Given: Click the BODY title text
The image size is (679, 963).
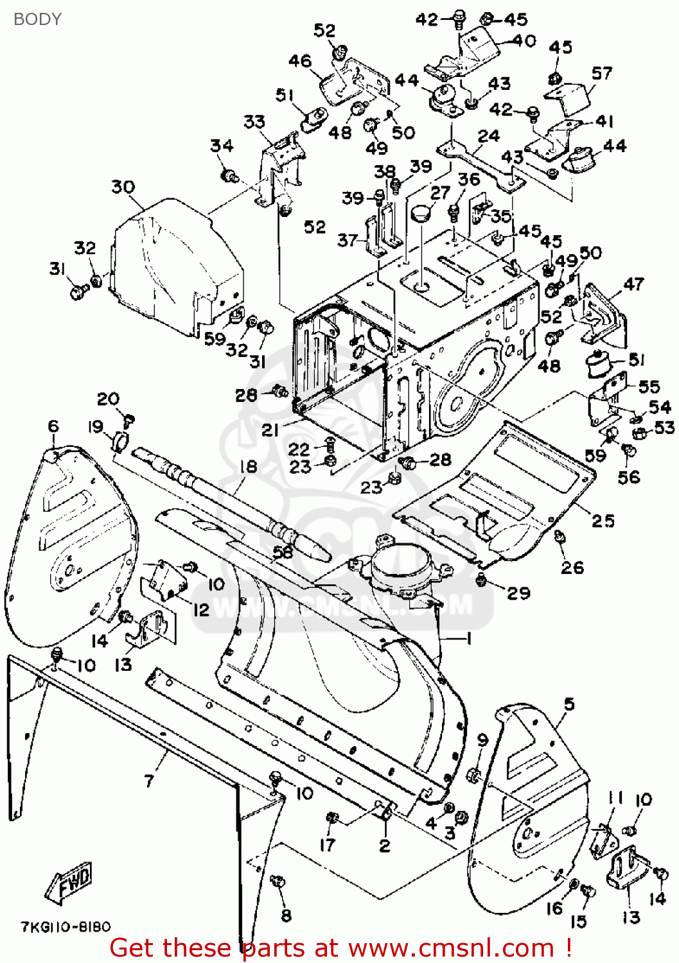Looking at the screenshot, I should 37,19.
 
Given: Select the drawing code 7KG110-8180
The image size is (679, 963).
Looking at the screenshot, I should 66,927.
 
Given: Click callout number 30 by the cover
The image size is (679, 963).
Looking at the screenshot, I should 123,187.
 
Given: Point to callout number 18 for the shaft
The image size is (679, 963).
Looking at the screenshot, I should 248,467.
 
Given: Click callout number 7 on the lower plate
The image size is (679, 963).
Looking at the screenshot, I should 149,781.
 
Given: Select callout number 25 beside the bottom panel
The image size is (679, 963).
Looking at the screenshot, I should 603,521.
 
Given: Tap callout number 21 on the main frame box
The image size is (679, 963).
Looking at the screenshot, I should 270,430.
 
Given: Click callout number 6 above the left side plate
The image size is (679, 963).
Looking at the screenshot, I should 53,426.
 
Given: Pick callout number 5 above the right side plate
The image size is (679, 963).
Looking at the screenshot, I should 569,704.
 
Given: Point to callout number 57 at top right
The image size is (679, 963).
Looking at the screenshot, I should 602,73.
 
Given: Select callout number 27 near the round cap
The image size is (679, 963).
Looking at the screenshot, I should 440,193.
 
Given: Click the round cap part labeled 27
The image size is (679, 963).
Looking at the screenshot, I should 421,212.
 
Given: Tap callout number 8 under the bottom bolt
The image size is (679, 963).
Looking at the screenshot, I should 287,915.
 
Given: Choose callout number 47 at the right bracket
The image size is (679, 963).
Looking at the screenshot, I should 633,284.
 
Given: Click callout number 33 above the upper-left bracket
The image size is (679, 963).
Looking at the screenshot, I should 254,121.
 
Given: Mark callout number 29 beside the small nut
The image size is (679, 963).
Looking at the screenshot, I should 518,593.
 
